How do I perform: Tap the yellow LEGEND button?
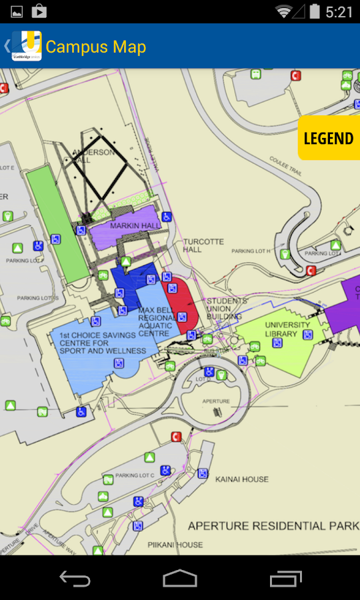point(329,139)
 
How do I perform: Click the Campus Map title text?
point(95,47)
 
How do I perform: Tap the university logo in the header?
point(27,46)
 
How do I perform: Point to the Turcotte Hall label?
point(203,245)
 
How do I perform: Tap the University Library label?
point(287,329)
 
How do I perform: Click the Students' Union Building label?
point(227,309)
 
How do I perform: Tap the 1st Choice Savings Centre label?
point(93,343)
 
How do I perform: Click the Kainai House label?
point(242,479)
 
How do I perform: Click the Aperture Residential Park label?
point(273,526)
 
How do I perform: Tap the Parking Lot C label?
point(135,475)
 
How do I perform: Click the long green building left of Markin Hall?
point(58,223)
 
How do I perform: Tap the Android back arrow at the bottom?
point(75,578)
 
